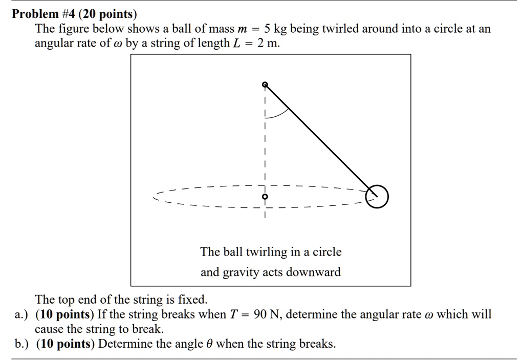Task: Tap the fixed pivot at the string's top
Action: (265, 84)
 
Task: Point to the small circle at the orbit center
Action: (265, 196)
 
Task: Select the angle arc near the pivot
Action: (276, 114)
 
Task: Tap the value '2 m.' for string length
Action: (269, 44)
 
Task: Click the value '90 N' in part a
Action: (267, 314)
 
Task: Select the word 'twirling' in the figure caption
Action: (268, 252)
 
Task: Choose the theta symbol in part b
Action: (210, 344)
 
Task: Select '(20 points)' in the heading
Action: (107, 14)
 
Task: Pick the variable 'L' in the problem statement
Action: (236, 44)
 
